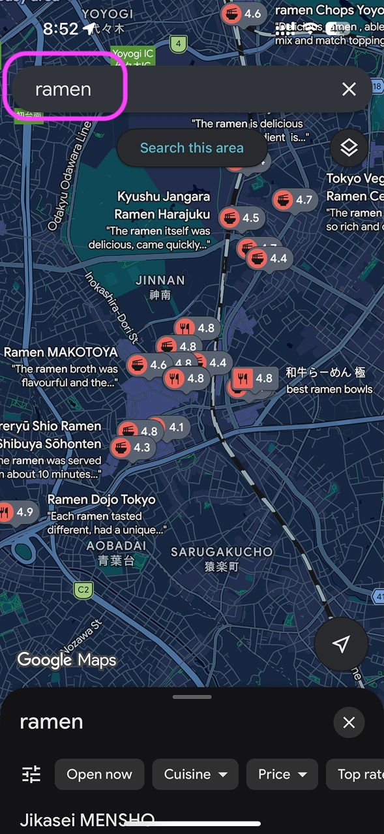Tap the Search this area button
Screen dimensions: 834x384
(192, 148)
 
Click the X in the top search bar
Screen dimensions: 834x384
(349, 89)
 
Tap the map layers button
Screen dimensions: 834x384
(349, 148)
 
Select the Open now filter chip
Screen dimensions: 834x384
(99, 775)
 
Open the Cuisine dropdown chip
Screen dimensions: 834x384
(196, 775)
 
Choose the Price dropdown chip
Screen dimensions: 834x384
(282, 775)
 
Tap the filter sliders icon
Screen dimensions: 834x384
(31, 775)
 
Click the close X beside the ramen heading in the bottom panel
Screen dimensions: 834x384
(349, 722)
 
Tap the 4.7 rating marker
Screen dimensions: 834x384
(294, 200)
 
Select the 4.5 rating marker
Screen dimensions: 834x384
(241, 218)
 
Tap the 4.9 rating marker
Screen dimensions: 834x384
(16, 512)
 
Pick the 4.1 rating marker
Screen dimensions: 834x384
(170, 428)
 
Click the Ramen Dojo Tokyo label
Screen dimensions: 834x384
(102, 500)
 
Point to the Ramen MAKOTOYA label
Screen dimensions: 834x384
(61, 352)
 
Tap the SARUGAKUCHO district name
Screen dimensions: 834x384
(222, 552)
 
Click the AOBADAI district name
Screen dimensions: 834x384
(115, 546)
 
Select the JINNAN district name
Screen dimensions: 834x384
(160, 280)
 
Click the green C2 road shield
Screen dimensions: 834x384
(83, 591)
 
